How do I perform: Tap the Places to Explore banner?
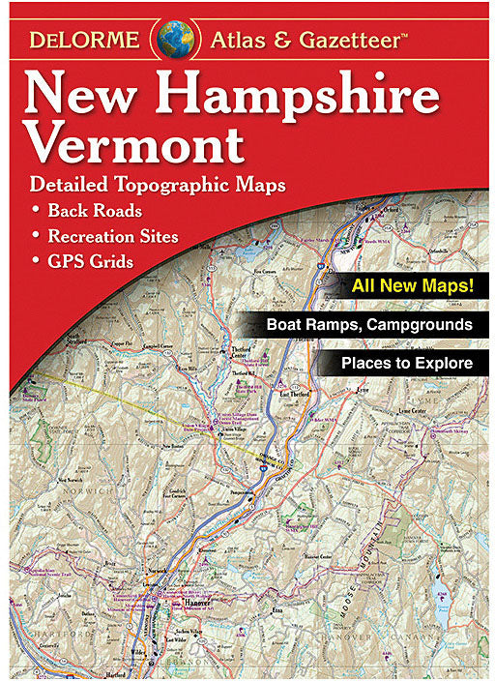(x=406, y=364)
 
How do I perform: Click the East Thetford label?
(x=291, y=396)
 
